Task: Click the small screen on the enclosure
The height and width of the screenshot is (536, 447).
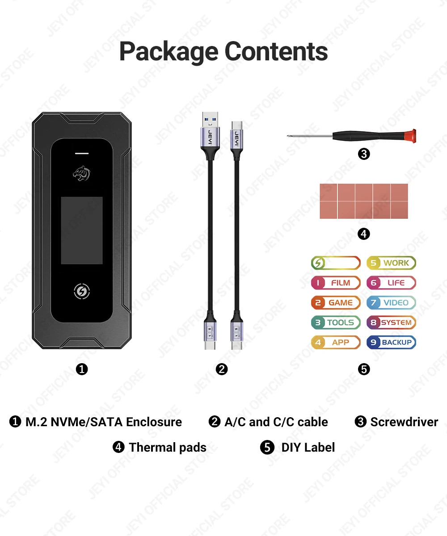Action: (x=82, y=230)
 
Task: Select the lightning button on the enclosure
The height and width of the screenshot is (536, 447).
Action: (x=82, y=292)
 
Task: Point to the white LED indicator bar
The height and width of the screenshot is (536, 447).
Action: (x=82, y=153)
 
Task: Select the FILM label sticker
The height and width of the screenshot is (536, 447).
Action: (x=336, y=283)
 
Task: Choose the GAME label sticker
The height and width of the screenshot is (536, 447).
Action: (x=336, y=302)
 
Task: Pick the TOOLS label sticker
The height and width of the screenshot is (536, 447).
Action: (x=336, y=322)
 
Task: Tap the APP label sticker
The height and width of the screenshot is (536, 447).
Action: (x=336, y=343)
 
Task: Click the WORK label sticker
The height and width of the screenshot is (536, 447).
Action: (x=392, y=263)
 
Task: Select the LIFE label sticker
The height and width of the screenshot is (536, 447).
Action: (x=392, y=283)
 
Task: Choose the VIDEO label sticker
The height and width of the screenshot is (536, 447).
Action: (x=392, y=302)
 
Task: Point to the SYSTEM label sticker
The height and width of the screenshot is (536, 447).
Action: (x=392, y=322)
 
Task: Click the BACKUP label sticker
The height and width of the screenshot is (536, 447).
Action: (x=392, y=343)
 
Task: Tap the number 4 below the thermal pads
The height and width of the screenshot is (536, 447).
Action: (x=364, y=234)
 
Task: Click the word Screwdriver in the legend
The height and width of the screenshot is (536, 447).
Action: (x=404, y=422)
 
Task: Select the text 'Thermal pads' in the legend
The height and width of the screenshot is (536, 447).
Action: (x=168, y=447)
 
